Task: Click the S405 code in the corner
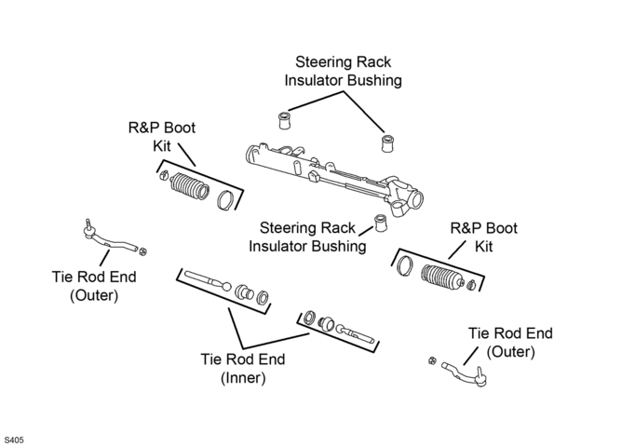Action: [x=14, y=440]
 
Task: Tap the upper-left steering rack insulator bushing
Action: [x=284, y=121]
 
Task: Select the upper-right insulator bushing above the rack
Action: [x=387, y=143]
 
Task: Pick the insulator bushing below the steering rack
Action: [x=381, y=223]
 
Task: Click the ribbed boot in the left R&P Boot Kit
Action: [x=189, y=187]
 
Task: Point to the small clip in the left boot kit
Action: [x=164, y=176]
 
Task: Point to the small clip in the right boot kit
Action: [x=471, y=285]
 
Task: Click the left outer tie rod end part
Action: [x=109, y=238]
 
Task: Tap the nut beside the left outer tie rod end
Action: [x=142, y=251]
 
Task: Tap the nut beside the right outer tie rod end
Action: [x=433, y=360]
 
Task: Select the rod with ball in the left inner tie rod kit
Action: [x=208, y=280]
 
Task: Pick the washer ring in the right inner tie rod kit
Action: [x=310, y=318]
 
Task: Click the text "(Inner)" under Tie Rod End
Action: [x=243, y=378]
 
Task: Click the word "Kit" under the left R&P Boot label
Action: [x=162, y=146]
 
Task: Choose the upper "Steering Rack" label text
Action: [x=343, y=62]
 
